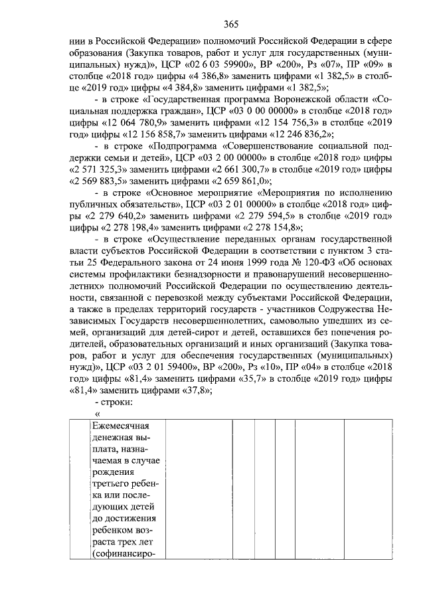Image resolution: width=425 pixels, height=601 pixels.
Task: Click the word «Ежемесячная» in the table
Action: click(x=121, y=426)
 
